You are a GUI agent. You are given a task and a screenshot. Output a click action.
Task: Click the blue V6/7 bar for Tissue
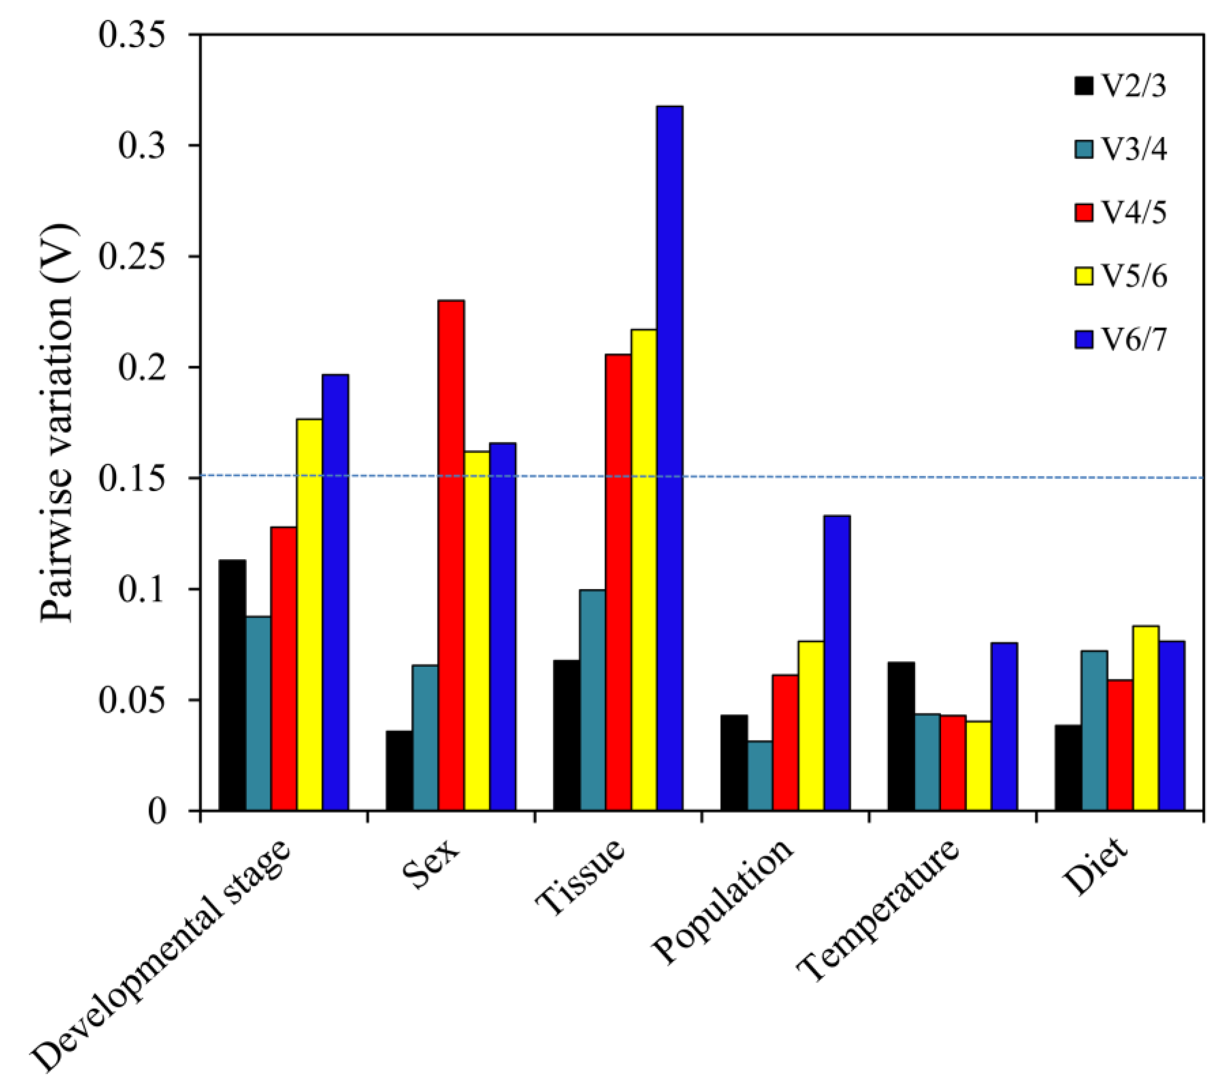point(669,458)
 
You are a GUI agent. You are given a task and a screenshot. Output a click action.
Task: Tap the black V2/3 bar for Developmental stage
point(232,685)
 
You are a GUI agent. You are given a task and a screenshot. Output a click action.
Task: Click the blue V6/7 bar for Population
point(837,663)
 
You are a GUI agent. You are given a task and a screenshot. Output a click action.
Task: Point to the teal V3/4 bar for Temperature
point(927,762)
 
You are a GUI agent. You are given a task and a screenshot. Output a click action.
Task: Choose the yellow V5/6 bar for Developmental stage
point(310,614)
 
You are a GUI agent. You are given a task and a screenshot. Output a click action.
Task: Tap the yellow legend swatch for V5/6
point(1084,276)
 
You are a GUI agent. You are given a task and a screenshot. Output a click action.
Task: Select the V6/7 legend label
point(1135,340)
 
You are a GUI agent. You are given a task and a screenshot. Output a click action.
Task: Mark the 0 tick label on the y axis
point(156,811)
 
